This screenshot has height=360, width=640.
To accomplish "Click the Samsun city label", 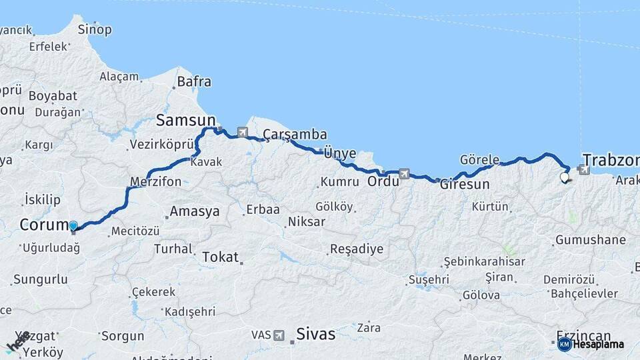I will pos(185,121).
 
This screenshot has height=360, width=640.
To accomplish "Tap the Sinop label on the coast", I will pos(95,29).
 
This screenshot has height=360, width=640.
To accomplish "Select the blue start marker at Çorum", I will pos(73,227).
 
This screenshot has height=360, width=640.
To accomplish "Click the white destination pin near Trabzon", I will pos(565,177).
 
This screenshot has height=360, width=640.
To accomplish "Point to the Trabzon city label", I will pos(611,160).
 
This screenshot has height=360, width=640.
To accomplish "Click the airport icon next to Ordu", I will pos(404,174).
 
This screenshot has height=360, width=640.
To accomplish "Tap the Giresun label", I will pos(465,185).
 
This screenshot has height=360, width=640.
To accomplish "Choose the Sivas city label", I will pos(316,334).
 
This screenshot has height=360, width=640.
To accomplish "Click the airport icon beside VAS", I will pos(279,335).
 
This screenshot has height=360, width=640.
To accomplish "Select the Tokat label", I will pos(220,257).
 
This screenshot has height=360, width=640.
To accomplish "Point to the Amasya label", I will pos(194,212).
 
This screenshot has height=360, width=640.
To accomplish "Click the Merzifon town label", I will pos(155,181).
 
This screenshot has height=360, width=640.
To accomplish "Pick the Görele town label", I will pos(479,160).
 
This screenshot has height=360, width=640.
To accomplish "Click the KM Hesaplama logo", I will pos(591,344).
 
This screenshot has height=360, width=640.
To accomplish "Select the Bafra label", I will pos(194,82).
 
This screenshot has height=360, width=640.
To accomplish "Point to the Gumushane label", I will pos(590,240).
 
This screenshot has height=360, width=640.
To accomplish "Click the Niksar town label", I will pos(307,221).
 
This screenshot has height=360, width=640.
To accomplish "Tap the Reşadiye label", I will pos(357,249).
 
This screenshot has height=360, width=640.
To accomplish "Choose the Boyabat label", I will pos(53,96).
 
